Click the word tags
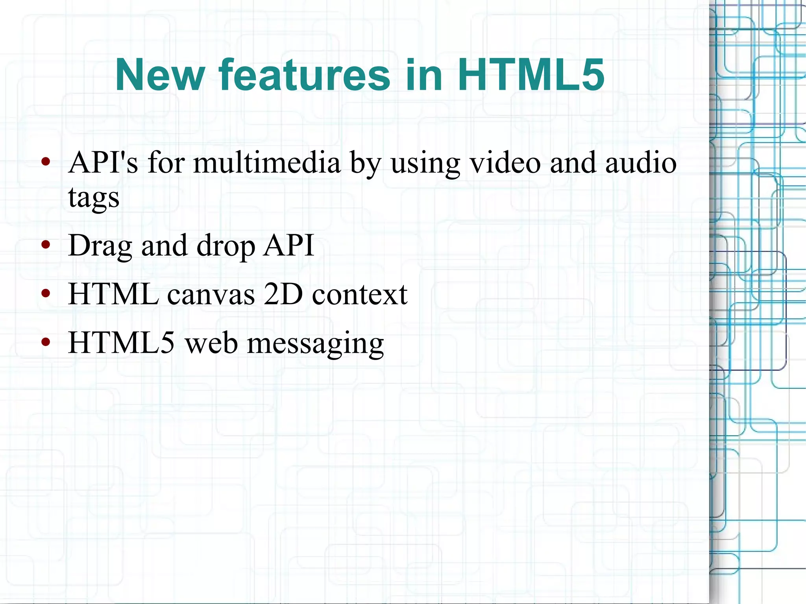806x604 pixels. pyautogui.click(x=94, y=198)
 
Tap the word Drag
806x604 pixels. pyautogui.click(x=100, y=246)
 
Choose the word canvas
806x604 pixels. pyautogui.click(x=211, y=294)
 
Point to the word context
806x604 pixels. pyautogui.click(x=360, y=294)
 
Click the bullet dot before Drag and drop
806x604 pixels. pyautogui.click(x=46, y=245)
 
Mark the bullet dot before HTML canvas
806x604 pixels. pyautogui.click(x=46, y=294)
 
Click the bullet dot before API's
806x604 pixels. pyautogui.click(x=46, y=161)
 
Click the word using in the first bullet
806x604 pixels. pyautogui.click(x=425, y=164)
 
